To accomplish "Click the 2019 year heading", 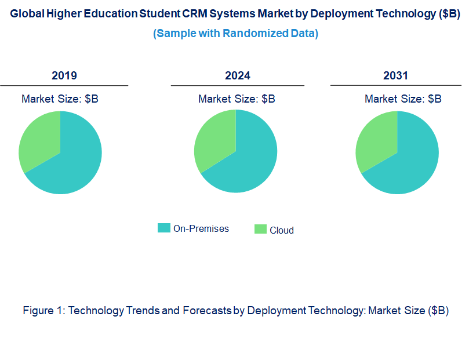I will [64, 76].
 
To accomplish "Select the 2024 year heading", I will [238, 76].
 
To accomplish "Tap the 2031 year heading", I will [395, 76].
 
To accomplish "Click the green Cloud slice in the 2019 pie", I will [38, 139].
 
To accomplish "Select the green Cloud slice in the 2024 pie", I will [214, 139].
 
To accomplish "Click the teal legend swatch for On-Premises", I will [164, 228].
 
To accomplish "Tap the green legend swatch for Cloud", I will [260, 230].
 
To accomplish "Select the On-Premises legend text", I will [201, 228].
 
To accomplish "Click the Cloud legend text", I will [282, 230].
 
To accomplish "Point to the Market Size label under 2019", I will [60, 99].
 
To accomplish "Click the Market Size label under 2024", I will [237, 99].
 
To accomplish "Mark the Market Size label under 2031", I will [403, 99].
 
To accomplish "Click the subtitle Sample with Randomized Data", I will [235, 34].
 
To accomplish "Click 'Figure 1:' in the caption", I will [44, 311].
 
